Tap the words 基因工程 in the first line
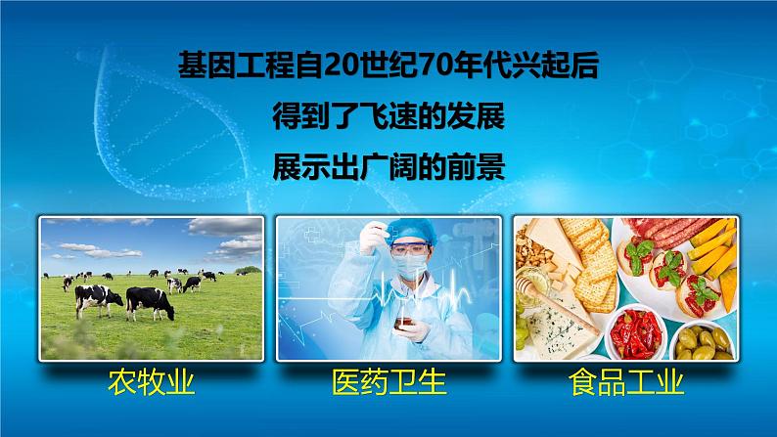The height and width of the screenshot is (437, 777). click(x=246, y=67)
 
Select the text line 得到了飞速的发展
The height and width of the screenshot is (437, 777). click(x=389, y=119)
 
